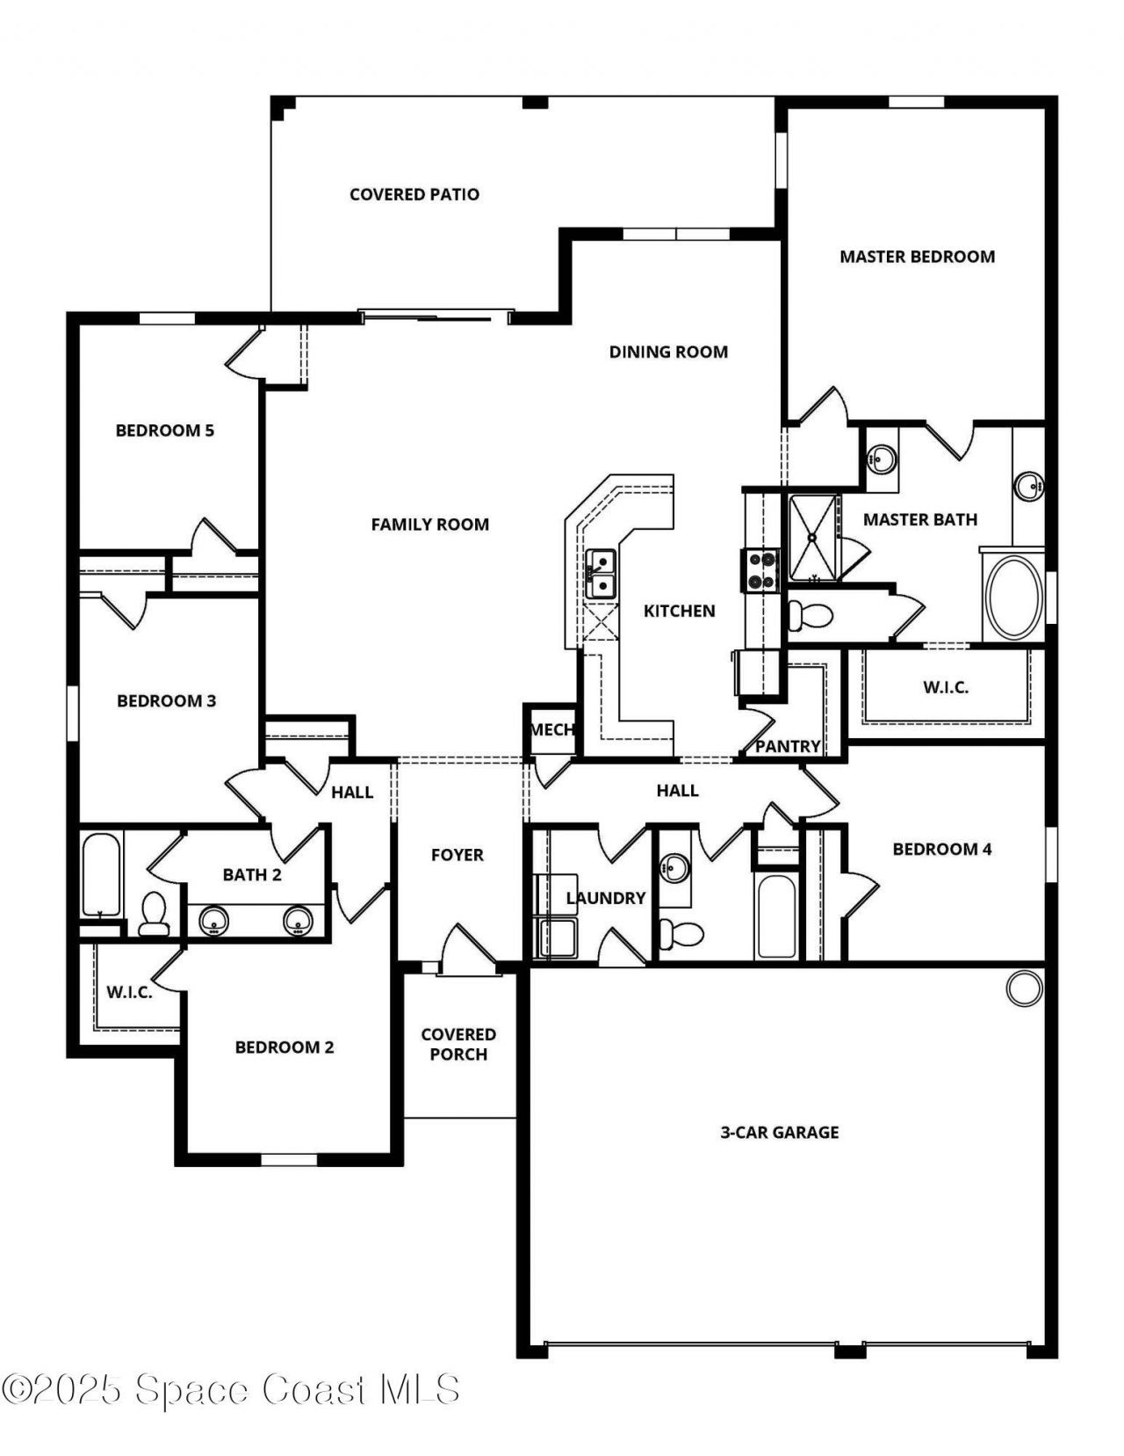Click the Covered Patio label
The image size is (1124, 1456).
coord(414,194)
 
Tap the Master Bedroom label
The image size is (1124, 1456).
coord(917,257)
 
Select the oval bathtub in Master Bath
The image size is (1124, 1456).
coord(1013,597)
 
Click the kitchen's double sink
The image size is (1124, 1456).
coord(601,574)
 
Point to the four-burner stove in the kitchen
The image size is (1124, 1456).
coord(761,569)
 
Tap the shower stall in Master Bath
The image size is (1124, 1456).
coord(813,537)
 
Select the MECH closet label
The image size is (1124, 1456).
coord(551,729)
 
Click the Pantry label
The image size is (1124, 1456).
coord(788,746)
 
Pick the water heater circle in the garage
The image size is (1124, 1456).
coord(1023,989)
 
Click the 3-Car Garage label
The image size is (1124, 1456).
coord(780,1133)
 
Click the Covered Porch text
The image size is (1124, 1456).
coord(458,1044)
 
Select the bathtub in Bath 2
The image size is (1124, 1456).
coord(100,874)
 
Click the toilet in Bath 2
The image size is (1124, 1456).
coord(155,914)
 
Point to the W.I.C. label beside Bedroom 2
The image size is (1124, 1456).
coord(130,992)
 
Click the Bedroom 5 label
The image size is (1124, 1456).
coord(165,431)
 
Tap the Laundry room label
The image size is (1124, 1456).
coord(606,898)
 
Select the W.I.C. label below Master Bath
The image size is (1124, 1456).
coord(946,687)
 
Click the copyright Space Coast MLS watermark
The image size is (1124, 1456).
coord(230,1389)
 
